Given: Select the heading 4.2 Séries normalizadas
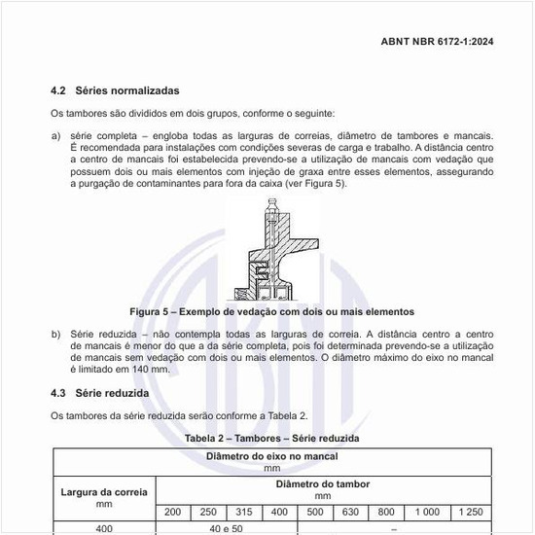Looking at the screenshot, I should click(x=115, y=90).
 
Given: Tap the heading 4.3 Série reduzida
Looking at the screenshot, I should click(x=99, y=393).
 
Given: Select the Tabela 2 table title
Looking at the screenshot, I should click(x=272, y=439).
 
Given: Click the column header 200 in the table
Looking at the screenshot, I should click(x=172, y=512).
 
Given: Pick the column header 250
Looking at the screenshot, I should click(x=208, y=512).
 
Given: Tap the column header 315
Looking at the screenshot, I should click(x=244, y=512).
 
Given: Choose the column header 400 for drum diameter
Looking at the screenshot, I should click(x=279, y=512).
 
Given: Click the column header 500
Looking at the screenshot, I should click(x=315, y=512).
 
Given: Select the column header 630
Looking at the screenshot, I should click(x=350, y=512).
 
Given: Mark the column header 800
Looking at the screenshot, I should click(x=386, y=512).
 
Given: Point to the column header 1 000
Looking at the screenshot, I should click(x=427, y=512).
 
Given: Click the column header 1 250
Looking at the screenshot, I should click(x=470, y=512).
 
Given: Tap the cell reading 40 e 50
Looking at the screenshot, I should click(x=226, y=528).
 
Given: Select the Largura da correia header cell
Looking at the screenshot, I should click(x=104, y=497).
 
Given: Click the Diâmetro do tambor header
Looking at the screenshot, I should click(x=322, y=488).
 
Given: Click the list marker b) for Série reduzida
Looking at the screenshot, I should click(x=55, y=334).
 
